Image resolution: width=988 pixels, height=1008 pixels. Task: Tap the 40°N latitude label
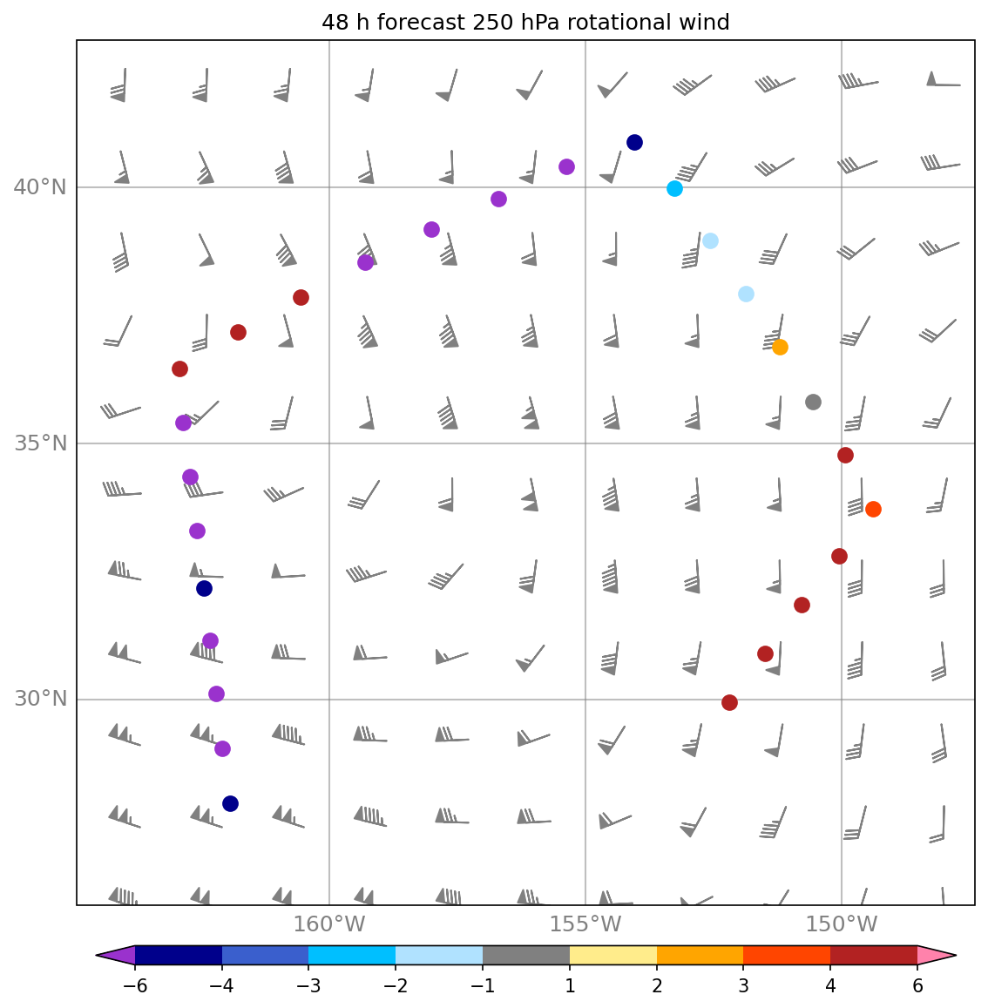40,187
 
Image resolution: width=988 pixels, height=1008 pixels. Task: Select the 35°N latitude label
40,443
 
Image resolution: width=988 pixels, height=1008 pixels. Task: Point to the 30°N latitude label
40,700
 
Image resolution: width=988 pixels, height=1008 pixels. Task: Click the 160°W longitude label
328,924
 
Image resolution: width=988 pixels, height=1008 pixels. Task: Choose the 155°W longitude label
585,924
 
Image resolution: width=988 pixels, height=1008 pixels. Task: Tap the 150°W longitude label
841,924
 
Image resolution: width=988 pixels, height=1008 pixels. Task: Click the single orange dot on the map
780,347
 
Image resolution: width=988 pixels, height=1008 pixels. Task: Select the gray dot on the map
813,402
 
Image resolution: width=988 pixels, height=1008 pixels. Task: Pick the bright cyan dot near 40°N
674,188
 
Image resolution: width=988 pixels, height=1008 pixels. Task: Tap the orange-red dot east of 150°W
873,509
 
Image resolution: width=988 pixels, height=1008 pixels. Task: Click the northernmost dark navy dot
634,142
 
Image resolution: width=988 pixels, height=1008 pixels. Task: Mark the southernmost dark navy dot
230,803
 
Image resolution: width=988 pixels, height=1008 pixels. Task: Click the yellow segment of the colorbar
612,955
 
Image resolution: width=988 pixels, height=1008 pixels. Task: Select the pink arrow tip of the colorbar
937,955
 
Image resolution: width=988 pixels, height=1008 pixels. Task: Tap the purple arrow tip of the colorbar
115,955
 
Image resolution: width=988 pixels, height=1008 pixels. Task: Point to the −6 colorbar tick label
134,986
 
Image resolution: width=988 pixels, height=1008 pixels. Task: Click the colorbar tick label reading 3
743,986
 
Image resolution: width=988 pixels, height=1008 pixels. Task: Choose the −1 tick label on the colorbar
482,986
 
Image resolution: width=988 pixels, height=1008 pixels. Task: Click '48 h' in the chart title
346,23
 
